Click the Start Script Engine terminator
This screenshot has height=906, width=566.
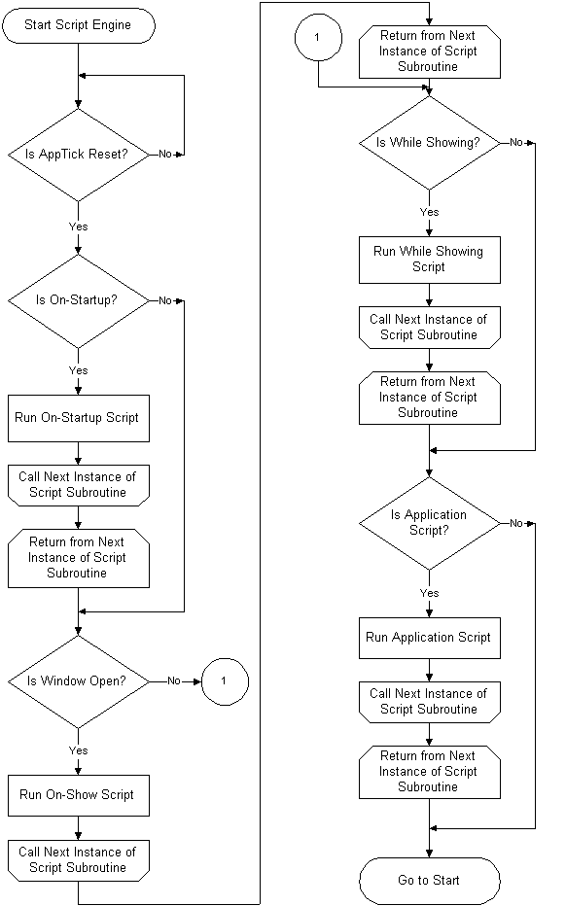click(x=79, y=25)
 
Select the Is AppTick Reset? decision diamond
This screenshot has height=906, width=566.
click(x=79, y=155)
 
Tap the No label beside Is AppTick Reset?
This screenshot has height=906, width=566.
click(x=165, y=155)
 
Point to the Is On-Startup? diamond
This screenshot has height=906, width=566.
click(x=79, y=300)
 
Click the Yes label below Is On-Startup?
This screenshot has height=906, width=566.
click(x=78, y=370)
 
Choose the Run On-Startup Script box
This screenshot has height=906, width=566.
click(x=79, y=418)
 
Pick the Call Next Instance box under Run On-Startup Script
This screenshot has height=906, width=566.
click(x=79, y=485)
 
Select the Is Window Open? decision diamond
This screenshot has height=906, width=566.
click(x=79, y=681)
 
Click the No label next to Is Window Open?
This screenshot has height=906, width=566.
click(x=174, y=681)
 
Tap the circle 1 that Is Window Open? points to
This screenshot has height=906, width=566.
click(x=225, y=681)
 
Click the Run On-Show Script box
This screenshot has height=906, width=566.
click(x=79, y=795)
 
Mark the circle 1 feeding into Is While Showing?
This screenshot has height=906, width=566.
click(x=318, y=38)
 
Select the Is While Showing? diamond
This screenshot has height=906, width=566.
click(x=430, y=143)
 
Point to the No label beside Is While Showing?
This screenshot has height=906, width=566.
click(x=516, y=142)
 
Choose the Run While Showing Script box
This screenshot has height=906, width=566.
click(x=430, y=260)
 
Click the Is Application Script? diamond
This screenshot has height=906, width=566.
click(x=430, y=524)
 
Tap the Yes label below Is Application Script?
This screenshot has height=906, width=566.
click(x=430, y=593)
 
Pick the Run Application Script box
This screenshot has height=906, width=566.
click(x=430, y=638)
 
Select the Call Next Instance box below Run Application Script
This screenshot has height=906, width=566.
click(x=430, y=702)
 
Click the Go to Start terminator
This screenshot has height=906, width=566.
click(x=430, y=881)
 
